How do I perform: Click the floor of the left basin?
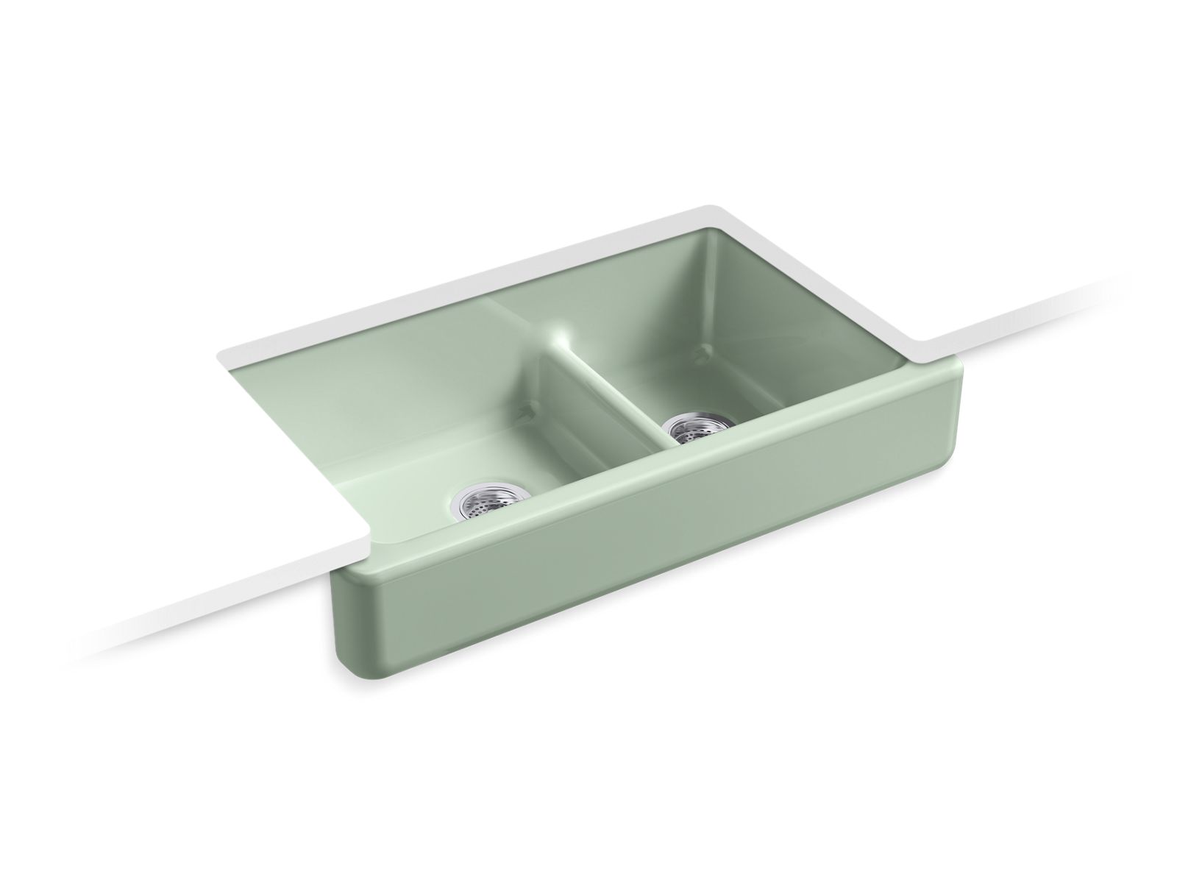coord(412,478)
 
